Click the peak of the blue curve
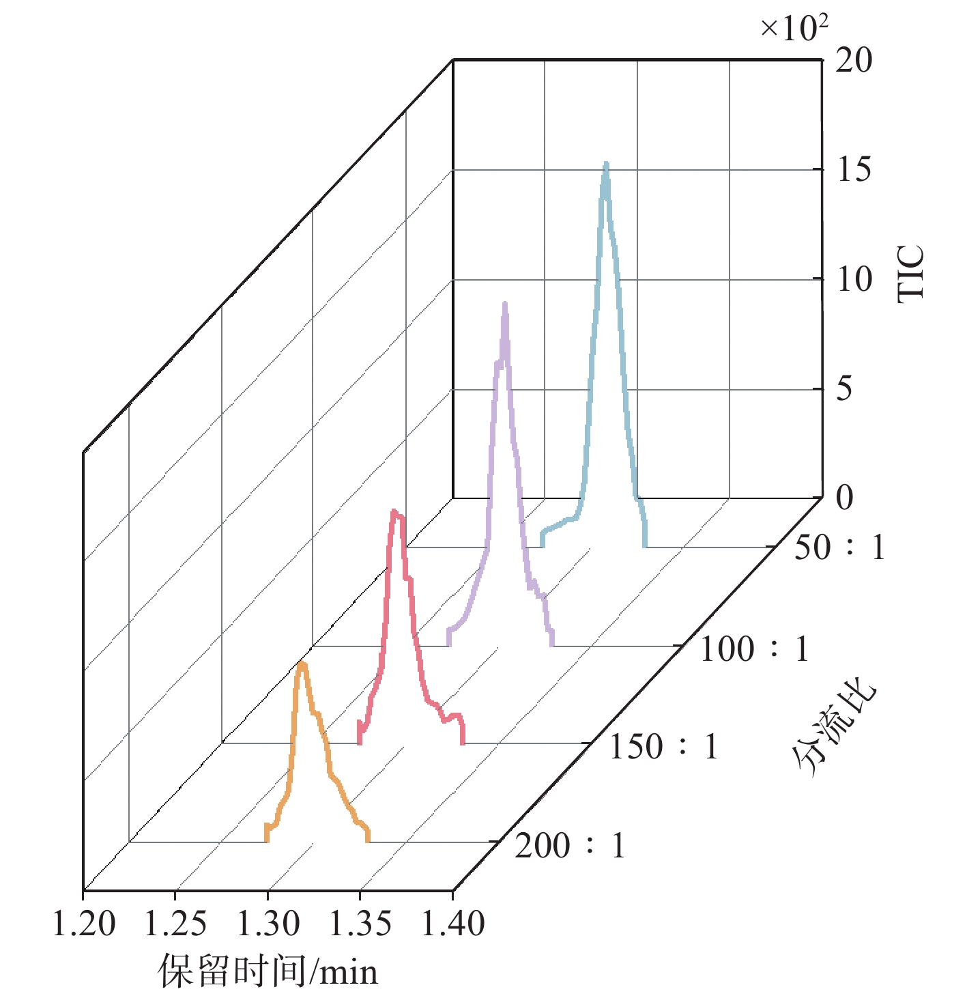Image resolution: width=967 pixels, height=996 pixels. click(x=605, y=164)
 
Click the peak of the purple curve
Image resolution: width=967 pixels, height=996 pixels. click(x=505, y=303)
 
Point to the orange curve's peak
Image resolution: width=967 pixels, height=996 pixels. click(x=302, y=664)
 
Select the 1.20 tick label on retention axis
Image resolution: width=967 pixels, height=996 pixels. click(x=84, y=924)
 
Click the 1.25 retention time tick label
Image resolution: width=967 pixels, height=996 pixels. click(x=175, y=924)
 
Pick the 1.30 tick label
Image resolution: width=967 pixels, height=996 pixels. click(x=268, y=924)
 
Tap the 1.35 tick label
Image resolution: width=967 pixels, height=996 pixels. click(x=360, y=924)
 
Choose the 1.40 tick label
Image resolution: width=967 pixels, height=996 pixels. click(x=452, y=924)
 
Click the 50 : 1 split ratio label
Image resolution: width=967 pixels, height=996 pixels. click(x=839, y=547)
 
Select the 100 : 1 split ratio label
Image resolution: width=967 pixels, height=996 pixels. click(x=754, y=649)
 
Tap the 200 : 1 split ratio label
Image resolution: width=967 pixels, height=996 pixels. click(x=571, y=846)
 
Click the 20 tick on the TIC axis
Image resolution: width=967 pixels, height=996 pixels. click(x=854, y=61)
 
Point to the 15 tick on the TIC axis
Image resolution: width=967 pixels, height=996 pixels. click(x=854, y=170)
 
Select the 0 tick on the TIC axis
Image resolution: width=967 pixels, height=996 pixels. click(x=845, y=498)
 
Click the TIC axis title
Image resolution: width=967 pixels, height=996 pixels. click(x=911, y=273)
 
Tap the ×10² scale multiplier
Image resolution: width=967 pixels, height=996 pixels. click(x=794, y=29)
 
